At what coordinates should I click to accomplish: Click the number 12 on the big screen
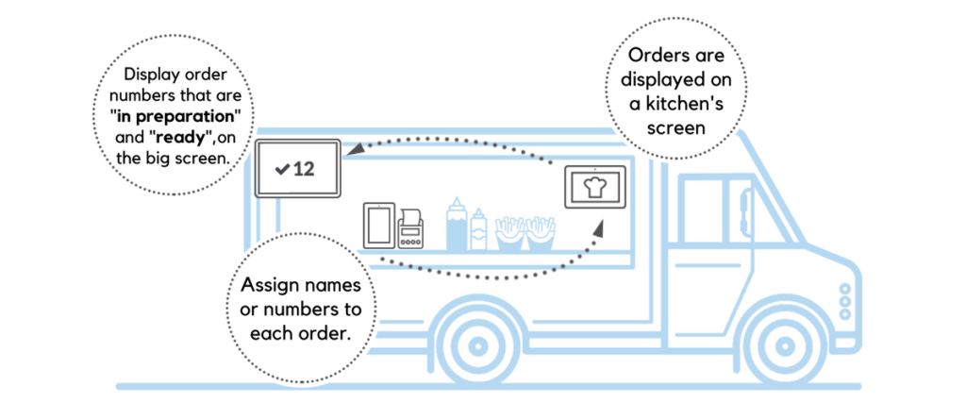tap(304, 170)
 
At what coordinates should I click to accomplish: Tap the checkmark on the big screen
tap(281, 170)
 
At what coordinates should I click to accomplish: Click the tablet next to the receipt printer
tap(378, 226)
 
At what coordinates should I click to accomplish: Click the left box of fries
tap(509, 233)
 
